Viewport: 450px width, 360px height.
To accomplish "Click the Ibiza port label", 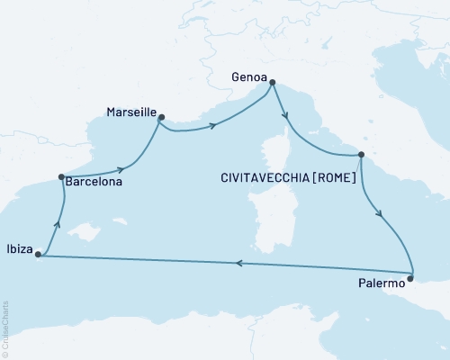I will click(17, 245).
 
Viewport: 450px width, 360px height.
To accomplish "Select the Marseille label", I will click(127, 114).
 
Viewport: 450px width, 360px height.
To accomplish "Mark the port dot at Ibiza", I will click(38, 255).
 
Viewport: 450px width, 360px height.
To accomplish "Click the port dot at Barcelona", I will click(60, 177).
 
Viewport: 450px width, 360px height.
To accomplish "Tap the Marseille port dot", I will click(161, 117).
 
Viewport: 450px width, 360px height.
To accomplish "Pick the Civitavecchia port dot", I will click(361, 155).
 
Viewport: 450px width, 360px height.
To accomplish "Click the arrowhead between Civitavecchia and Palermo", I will click(382, 217).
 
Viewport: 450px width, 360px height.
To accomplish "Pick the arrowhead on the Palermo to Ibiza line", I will click(239, 264).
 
